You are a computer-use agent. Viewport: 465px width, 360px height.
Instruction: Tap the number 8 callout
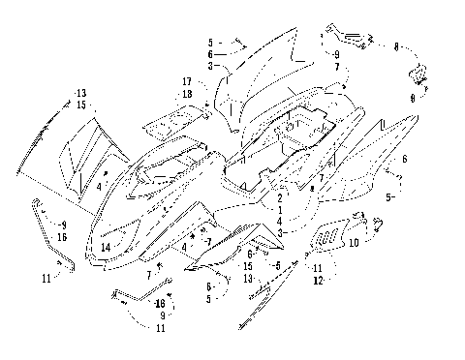pyautogui.click(x=397, y=45)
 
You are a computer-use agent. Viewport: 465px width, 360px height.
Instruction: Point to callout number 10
pyautogui.click(x=355, y=243)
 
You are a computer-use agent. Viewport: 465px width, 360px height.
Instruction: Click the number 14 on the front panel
pyautogui.click(x=106, y=248)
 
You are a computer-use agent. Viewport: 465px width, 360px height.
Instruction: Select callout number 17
pyautogui.click(x=185, y=81)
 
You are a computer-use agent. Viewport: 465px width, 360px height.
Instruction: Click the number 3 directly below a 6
pyautogui.click(x=211, y=67)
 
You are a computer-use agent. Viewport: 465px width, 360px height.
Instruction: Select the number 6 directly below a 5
pyautogui.click(x=211, y=55)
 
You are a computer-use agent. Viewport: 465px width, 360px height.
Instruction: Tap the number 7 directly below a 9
pyautogui.click(x=336, y=67)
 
